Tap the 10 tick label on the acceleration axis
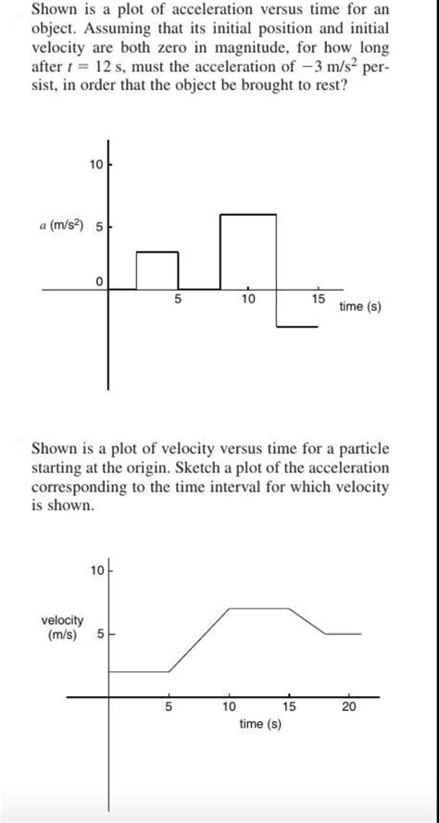96,165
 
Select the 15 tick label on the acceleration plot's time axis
318,300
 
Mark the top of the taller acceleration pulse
247,214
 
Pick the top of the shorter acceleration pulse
157,251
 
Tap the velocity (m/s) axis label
62,626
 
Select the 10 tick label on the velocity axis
97,569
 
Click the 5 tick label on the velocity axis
101,635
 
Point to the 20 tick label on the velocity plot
348,707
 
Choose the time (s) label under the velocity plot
259,724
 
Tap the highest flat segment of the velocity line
259,608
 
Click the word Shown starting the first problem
54,9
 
